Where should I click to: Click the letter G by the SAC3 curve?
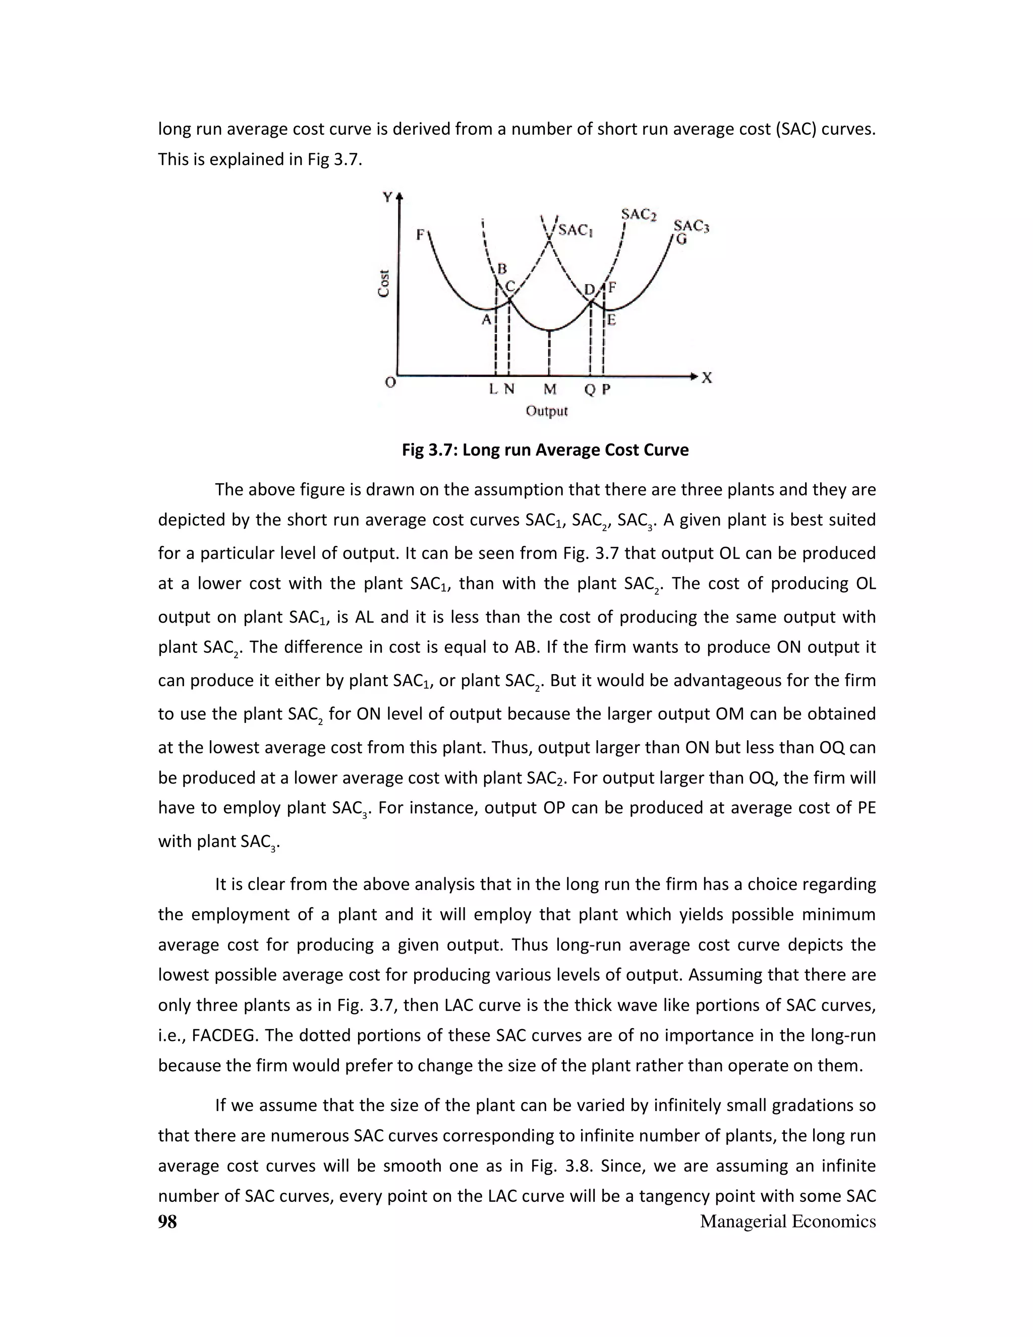point(681,239)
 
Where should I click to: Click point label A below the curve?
point(487,319)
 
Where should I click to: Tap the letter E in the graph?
point(611,319)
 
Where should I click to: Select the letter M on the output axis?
point(550,389)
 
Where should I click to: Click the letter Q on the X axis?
point(589,390)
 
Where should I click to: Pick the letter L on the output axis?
point(494,389)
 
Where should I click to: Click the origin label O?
point(390,382)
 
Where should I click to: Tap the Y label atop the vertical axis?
point(387,197)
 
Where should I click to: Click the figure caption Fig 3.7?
point(545,450)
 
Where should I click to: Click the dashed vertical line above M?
point(550,353)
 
